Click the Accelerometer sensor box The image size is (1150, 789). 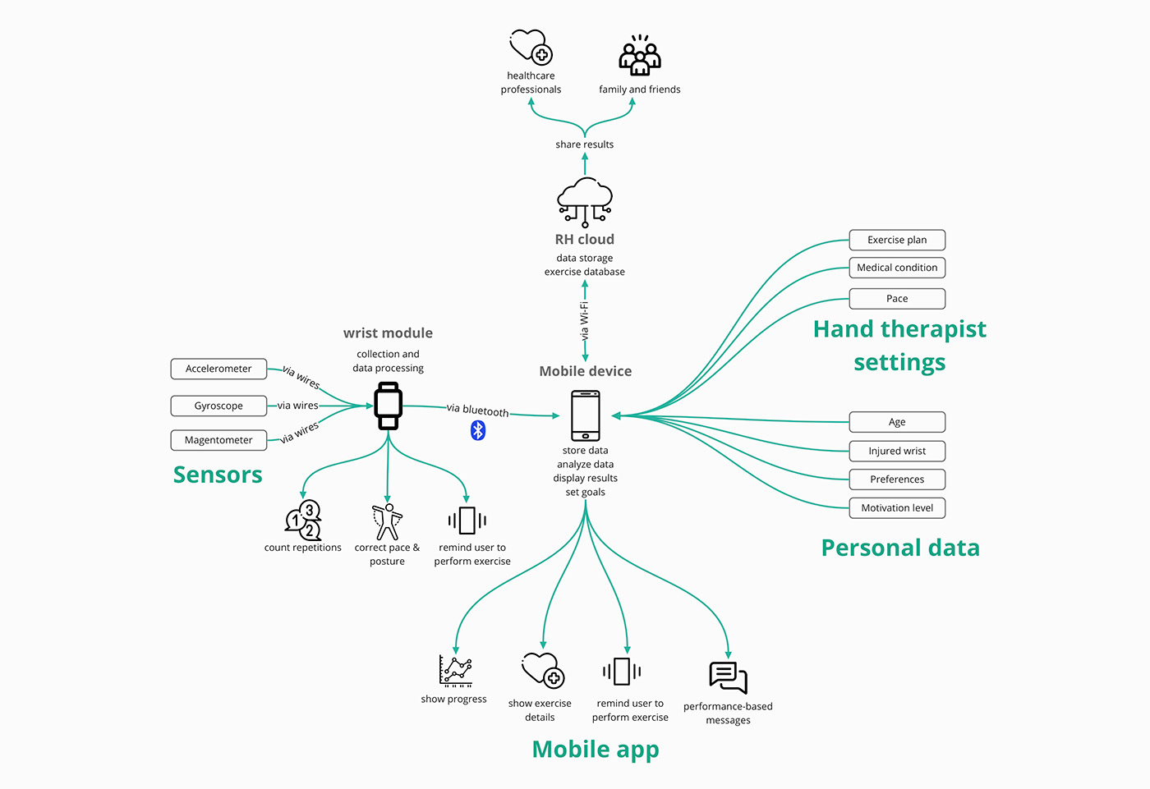click(218, 369)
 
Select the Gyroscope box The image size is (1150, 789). click(218, 406)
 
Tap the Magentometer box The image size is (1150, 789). click(218, 440)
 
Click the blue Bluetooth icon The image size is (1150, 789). click(478, 430)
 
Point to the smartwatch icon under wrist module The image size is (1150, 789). click(388, 406)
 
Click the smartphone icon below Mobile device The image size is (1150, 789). click(586, 415)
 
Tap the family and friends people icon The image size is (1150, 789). click(640, 56)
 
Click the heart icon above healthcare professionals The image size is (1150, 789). click(530, 47)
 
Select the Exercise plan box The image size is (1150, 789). click(897, 240)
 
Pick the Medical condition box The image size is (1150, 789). click(897, 268)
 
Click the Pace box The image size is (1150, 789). click(897, 299)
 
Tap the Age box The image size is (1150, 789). click(897, 422)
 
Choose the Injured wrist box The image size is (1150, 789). click(897, 451)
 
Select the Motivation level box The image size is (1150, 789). click(897, 508)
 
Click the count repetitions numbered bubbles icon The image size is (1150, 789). click(303, 520)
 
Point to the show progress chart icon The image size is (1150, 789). click(455, 671)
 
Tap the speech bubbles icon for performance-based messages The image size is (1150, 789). click(728, 678)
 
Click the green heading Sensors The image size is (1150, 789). click(218, 475)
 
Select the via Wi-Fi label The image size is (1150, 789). click(584, 321)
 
